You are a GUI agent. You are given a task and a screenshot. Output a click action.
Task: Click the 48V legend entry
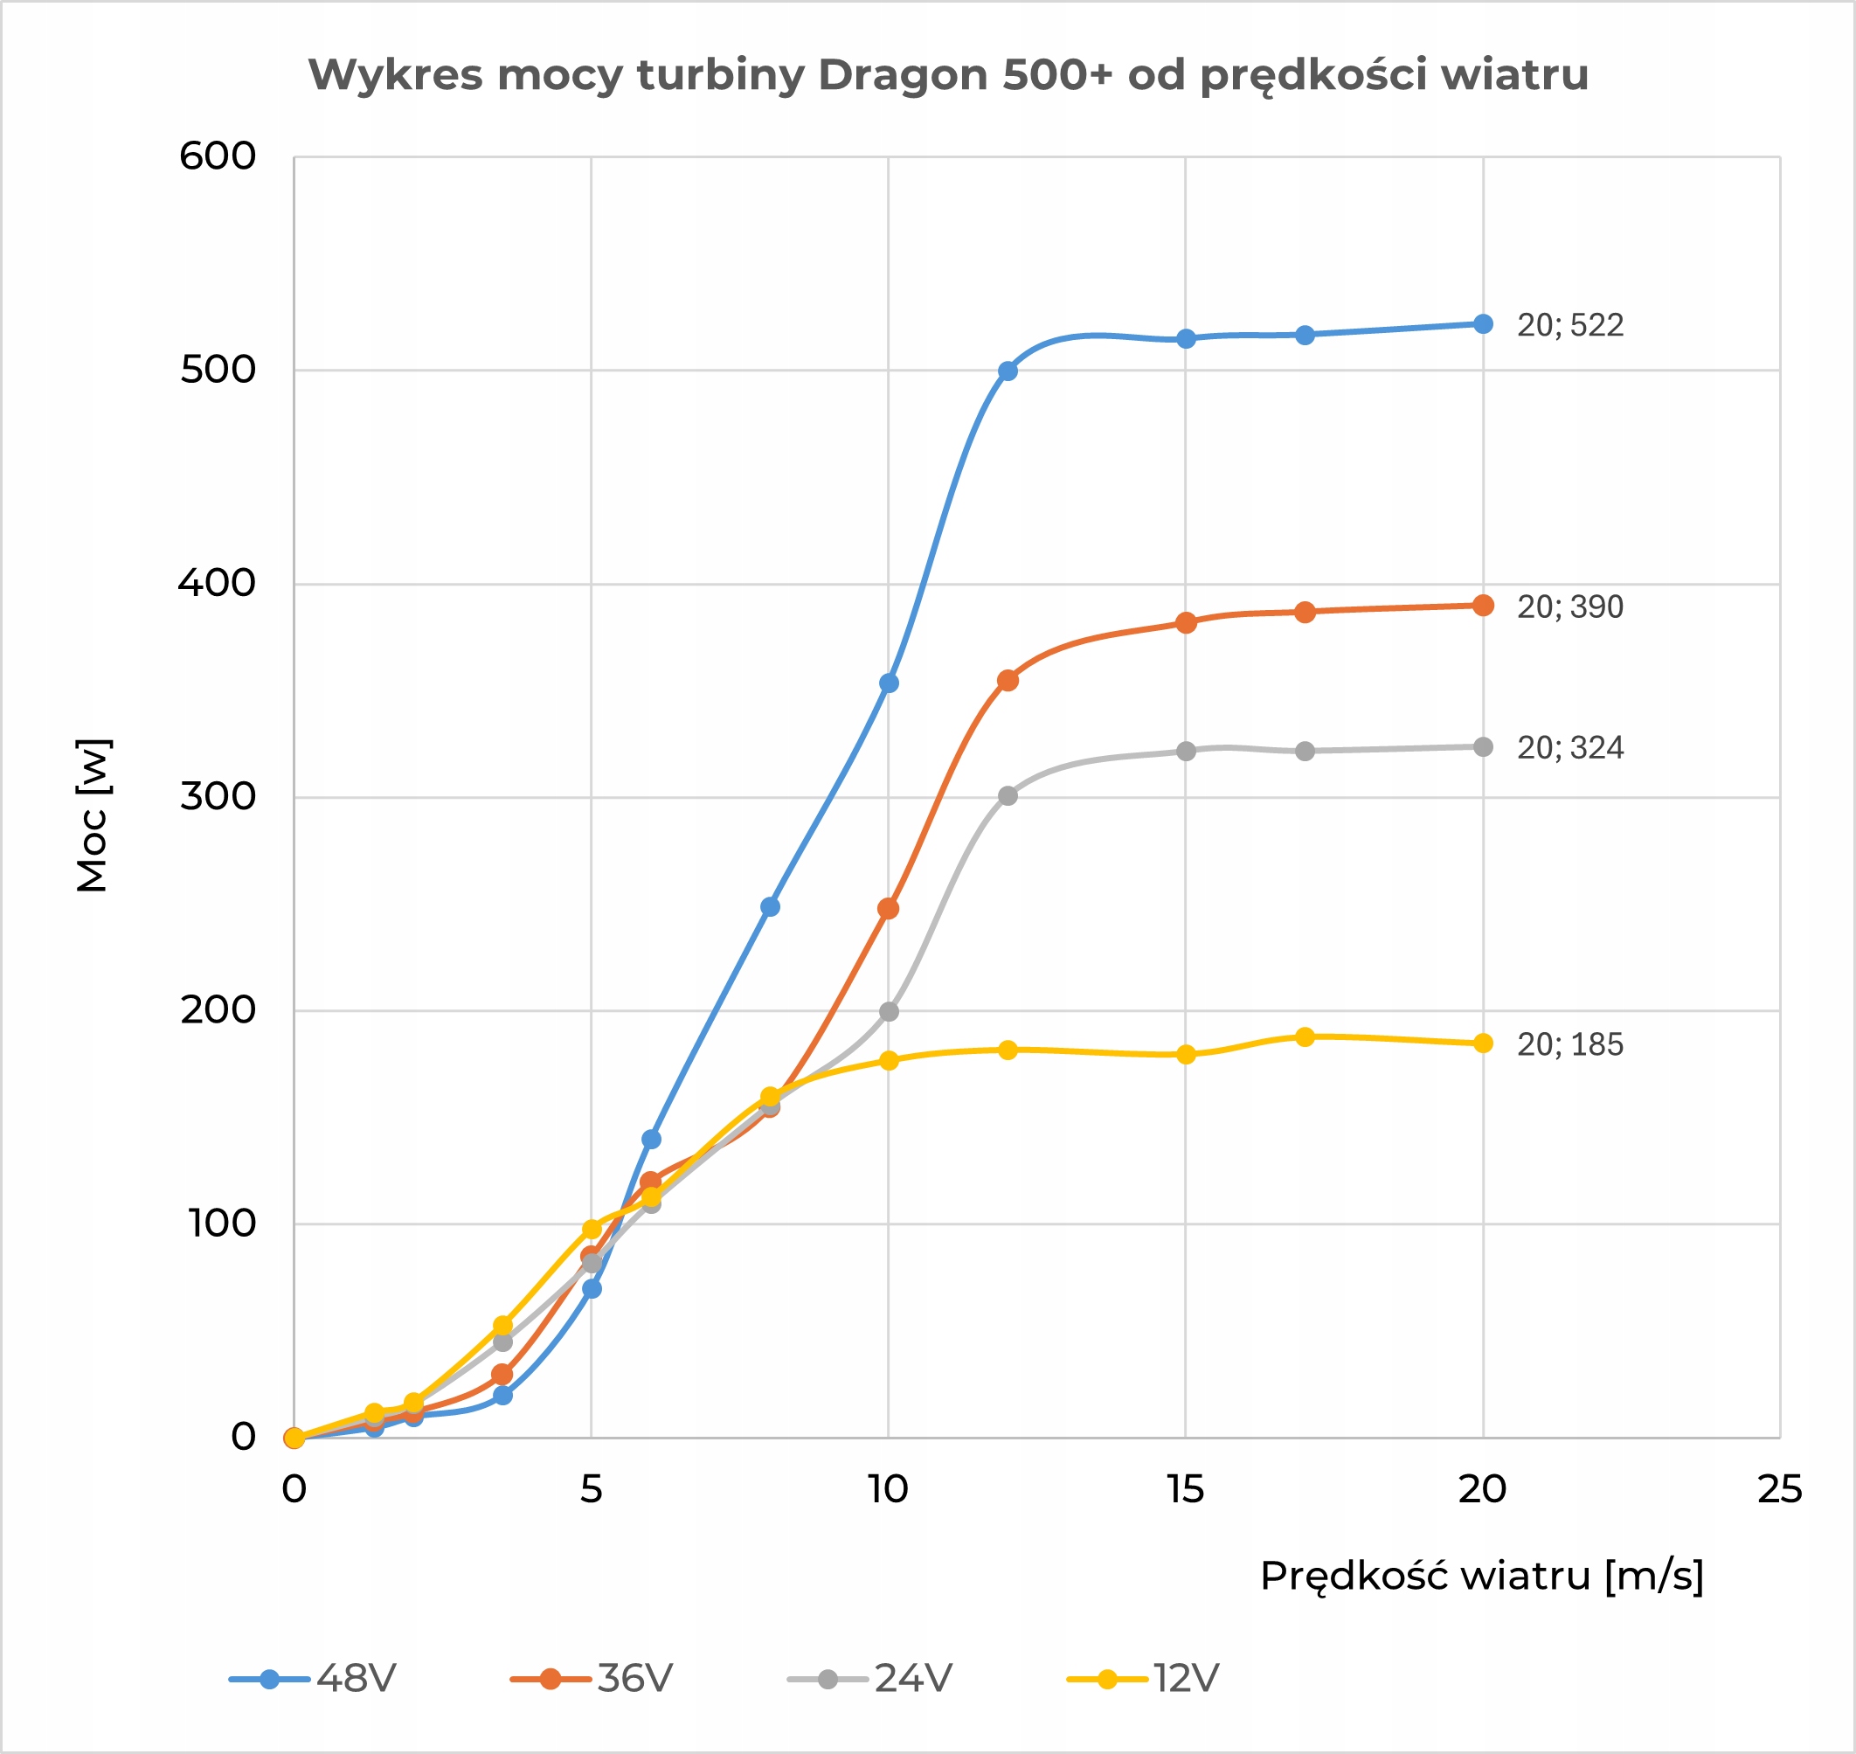(x=313, y=1678)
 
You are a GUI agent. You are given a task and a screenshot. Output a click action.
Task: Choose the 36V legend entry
(x=592, y=1678)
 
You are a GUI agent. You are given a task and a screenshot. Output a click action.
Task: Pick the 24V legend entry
(x=870, y=1678)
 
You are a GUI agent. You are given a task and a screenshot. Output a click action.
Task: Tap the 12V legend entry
(x=1144, y=1678)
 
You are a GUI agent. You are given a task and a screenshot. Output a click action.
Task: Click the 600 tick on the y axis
(x=217, y=156)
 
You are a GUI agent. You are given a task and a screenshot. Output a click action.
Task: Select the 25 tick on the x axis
(x=1779, y=1490)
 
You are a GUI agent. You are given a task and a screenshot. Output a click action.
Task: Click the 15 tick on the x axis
(x=1185, y=1490)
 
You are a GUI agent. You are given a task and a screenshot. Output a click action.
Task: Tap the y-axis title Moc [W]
(x=93, y=815)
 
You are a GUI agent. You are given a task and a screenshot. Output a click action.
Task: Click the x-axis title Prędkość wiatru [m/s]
(x=1482, y=1577)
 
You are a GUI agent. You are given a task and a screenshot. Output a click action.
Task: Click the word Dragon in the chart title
(x=903, y=75)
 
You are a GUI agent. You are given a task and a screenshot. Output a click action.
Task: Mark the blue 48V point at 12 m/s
(x=1007, y=371)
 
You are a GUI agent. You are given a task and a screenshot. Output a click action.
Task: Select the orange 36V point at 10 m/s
(x=889, y=909)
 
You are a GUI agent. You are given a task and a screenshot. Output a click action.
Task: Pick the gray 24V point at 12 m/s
(x=1007, y=795)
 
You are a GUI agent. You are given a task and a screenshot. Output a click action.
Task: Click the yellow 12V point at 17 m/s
(x=1305, y=1036)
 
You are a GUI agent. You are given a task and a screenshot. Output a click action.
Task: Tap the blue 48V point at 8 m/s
(x=770, y=907)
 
